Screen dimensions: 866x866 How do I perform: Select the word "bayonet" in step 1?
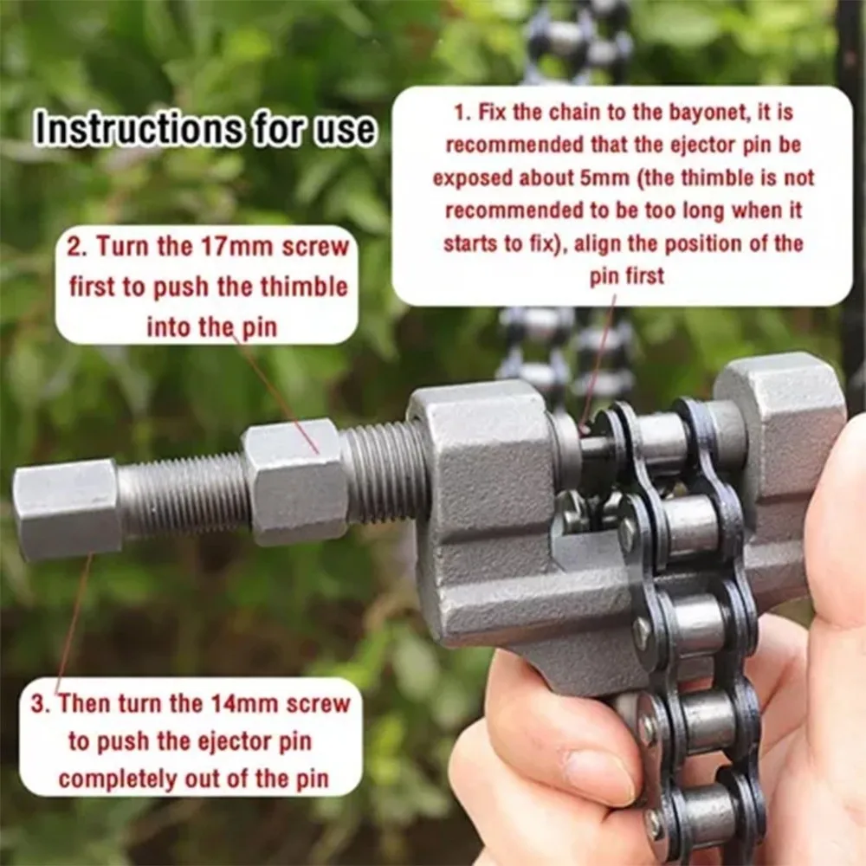click(x=709, y=113)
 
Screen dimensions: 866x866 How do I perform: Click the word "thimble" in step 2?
click(x=304, y=288)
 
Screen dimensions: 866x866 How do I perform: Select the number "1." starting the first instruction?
click(x=462, y=113)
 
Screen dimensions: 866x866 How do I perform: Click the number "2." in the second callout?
click(x=77, y=247)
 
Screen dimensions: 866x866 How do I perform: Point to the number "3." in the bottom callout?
click(x=41, y=704)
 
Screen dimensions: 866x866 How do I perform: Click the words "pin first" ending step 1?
click(x=627, y=276)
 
